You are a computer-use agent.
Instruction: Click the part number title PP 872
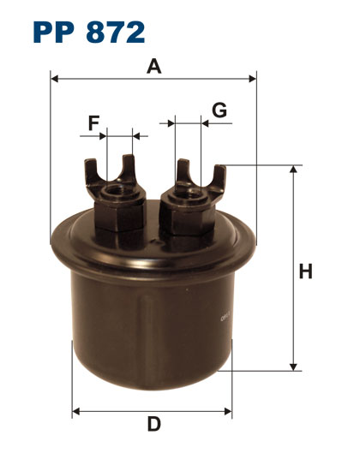point(89,32)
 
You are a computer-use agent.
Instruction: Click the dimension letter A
point(153,66)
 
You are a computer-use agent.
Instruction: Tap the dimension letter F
point(93,122)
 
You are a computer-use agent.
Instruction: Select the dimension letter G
point(219,110)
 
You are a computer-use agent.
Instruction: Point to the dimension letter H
point(306,271)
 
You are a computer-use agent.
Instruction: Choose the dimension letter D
point(153,424)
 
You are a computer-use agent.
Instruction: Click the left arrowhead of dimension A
point(54,78)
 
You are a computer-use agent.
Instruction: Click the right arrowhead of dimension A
point(253,78)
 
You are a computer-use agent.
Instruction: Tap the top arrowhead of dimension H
point(293,169)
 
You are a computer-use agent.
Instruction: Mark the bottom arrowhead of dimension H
point(293,367)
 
